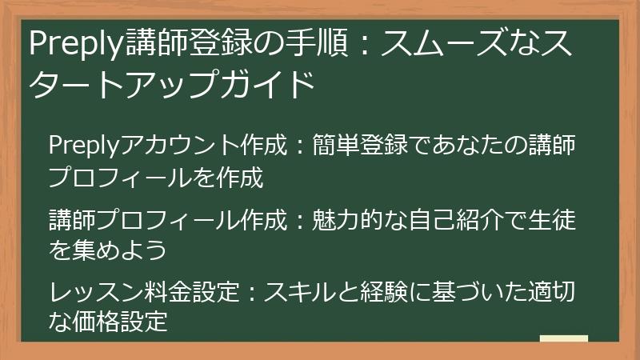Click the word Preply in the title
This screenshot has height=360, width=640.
point(75,44)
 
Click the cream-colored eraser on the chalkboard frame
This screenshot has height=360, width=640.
point(564,339)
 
